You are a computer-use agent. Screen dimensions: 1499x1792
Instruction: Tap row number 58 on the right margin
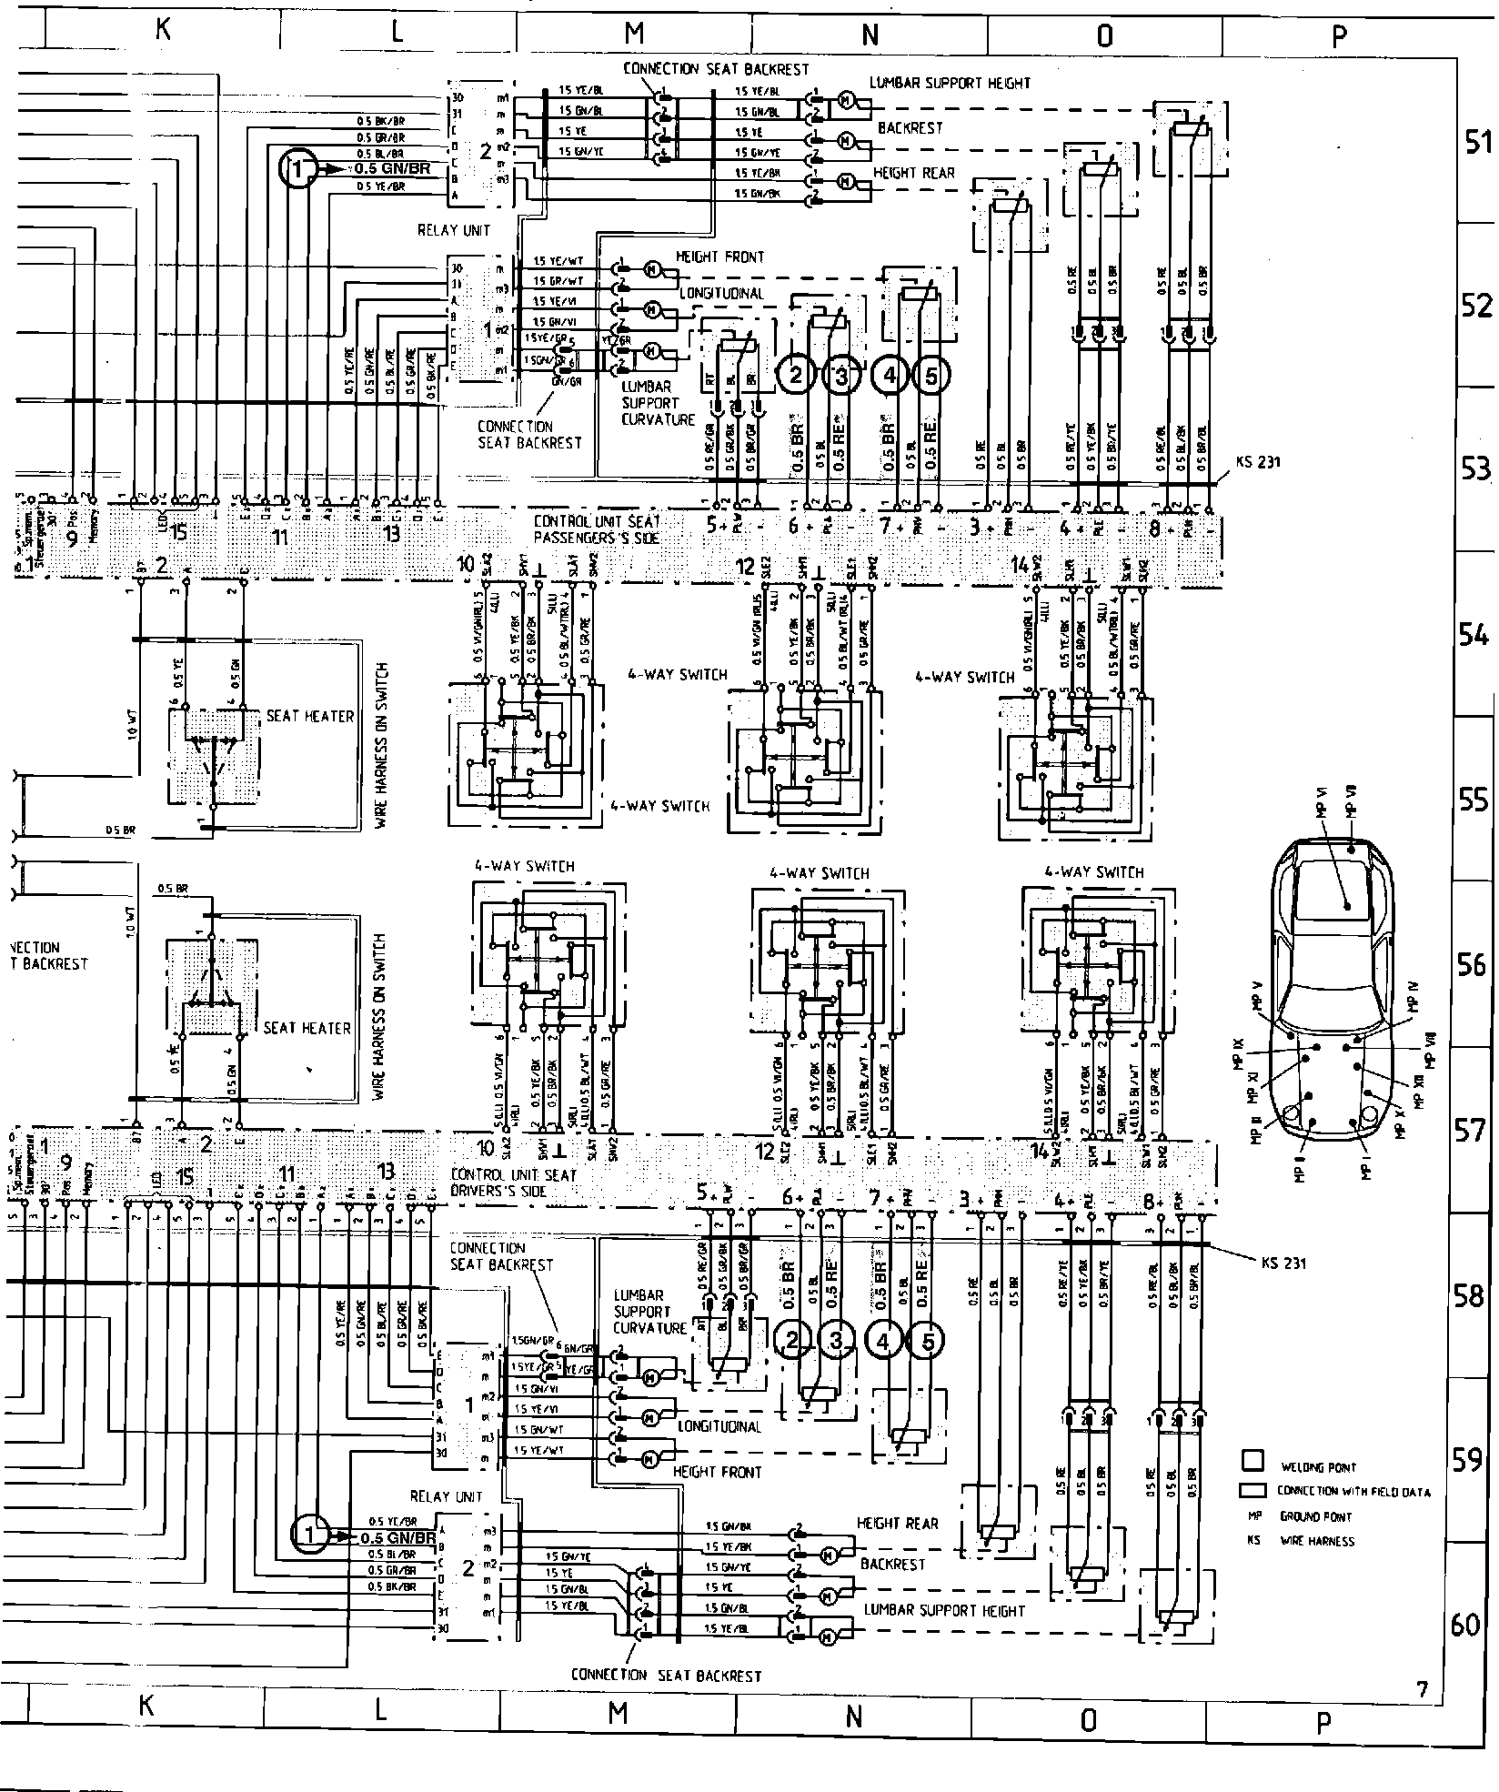1471,1295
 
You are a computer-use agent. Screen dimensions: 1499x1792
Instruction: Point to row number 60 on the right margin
1465,1624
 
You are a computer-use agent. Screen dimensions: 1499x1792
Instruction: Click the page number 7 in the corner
1422,1688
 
